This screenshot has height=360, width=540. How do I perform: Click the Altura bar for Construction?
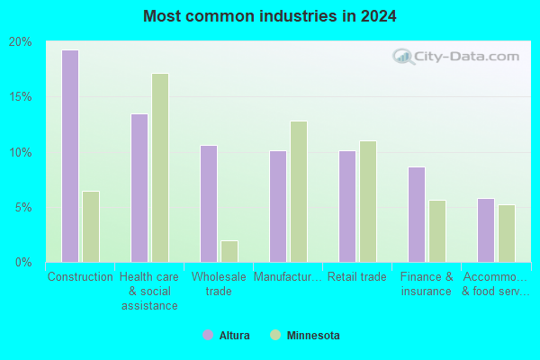(x=70, y=156)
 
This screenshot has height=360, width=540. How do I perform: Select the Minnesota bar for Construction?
(x=91, y=227)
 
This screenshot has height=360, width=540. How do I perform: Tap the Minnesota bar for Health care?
(x=160, y=167)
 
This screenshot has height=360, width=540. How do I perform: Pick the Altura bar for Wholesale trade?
(x=209, y=203)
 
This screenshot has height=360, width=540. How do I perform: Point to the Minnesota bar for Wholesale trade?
(x=229, y=251)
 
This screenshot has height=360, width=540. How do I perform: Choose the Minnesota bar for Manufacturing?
(x=299, y=192)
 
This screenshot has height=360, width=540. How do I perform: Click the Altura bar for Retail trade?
(x=347, y=206)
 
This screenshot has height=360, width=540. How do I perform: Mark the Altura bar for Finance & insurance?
(x=417, y=214)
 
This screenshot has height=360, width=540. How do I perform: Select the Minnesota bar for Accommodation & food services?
(x=507, y=234)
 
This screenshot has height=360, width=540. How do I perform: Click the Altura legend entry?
(x=226, y=335)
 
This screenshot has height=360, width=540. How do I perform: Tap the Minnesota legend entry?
(x=305, y=335)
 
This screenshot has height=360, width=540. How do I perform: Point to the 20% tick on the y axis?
(x=21, y=42)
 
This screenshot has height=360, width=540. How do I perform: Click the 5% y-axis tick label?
(x=23, y=208)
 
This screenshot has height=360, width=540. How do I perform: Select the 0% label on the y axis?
(x=23, y=263)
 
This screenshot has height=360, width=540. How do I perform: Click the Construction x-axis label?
(x=80, y=276)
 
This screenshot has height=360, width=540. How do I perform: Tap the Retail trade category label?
(x=356, y=276)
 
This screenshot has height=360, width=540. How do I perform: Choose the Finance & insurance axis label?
(x=427, y=283)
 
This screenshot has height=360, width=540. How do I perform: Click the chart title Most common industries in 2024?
(x=270, y=16)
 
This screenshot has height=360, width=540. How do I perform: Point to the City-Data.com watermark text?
(x=466, y=57)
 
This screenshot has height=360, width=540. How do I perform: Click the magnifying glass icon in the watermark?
(x=403, y=57)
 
